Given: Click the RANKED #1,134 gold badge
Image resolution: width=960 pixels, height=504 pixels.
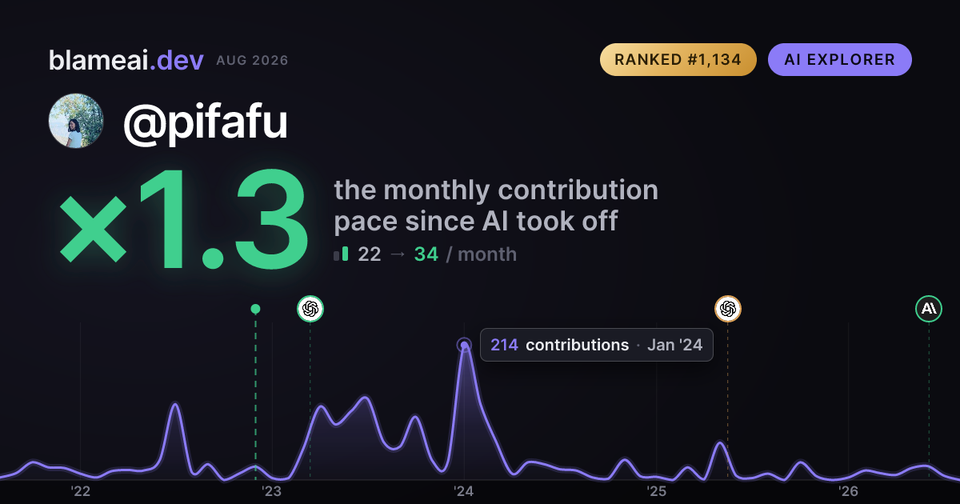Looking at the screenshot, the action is point(678,59).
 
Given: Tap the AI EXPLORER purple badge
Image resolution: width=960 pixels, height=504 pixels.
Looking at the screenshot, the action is point(839,59).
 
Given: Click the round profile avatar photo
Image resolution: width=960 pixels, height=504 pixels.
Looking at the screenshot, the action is point(76,121).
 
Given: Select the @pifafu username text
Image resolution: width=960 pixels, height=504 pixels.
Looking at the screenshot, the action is point(206,122).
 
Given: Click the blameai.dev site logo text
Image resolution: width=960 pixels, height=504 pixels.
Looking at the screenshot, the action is point(126,60).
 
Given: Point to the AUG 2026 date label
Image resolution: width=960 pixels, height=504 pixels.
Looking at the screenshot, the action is point(252,61).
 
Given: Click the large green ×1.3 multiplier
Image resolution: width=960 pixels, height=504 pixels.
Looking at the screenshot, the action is point(183,218).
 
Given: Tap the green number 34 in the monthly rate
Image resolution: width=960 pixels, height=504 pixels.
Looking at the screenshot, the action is point(426,254).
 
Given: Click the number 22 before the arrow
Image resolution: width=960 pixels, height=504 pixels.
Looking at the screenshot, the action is point(370,254).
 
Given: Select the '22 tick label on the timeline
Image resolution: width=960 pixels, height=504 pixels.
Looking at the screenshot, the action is point(81,491).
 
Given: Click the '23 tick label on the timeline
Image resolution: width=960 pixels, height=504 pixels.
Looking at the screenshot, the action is point(272,491).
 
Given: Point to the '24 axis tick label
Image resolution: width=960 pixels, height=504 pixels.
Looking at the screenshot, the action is point(464,491).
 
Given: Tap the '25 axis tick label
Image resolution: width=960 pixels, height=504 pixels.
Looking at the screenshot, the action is point(656,491).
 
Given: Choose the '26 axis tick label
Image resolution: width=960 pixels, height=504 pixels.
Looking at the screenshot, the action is point(848,491).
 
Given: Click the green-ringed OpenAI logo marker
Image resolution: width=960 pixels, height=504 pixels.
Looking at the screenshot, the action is point(310,309).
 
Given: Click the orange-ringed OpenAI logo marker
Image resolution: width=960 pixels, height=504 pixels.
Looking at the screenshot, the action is point(728,309).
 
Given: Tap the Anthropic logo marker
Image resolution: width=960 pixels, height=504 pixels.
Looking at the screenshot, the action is point(929,309).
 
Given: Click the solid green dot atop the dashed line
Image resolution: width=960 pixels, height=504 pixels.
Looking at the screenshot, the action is point(255,309).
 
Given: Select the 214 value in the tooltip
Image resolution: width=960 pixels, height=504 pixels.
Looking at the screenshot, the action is point(504,345).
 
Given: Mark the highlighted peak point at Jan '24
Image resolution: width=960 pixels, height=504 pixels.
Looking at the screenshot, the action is point(464,345).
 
